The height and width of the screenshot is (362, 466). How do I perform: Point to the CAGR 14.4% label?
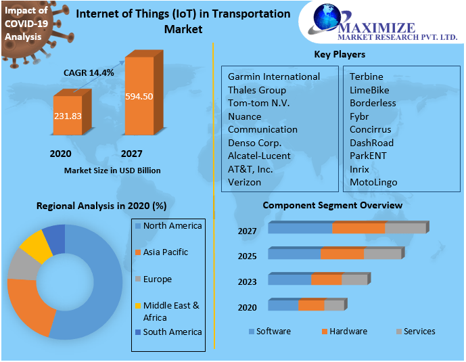pyautogui.click(x=89, y=72)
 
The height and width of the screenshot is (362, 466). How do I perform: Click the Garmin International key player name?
pyautogui.click(x=273, y=76)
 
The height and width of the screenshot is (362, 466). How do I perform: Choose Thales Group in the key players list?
pyautogui.click(x=257, y=90)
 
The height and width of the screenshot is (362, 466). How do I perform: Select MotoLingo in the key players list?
pyautogui.click(x=373, y=182)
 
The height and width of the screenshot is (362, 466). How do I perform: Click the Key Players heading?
pyautogui.click(x=340, y=54)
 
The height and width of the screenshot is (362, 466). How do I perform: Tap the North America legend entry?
pyautogui.click(x=172, y=225)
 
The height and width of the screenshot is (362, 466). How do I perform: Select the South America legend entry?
pyautogui.click(x=172, y=332)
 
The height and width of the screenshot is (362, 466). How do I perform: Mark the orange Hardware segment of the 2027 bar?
pyautogui.click(x=358, y=228)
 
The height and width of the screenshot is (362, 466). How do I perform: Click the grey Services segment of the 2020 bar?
pyautogui.click(x=333, y=306)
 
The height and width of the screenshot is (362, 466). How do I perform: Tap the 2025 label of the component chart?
pyautogui.click(x=248, y=257)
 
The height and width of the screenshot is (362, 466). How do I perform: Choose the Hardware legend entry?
pyautogui.click(x=348, y=331)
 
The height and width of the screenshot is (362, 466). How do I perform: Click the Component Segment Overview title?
pyautogui.click(x=332, y=205)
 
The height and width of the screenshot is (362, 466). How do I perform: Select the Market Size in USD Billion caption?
pyautogui.click(x=112, y=171)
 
